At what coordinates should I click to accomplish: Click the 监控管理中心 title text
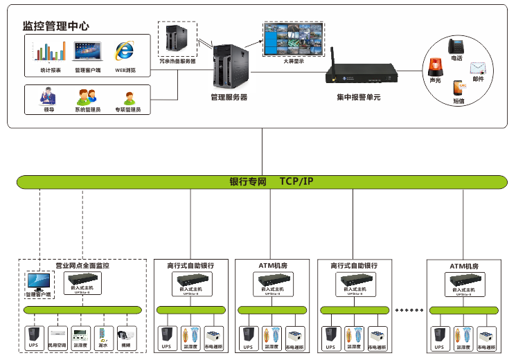[x=55, y=26]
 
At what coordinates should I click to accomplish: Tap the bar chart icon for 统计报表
[x=51, y=53]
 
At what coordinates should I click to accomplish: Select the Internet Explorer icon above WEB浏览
[x=125, y=51]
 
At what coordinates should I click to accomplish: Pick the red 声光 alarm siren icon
[x=436, y=68]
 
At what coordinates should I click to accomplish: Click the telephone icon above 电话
[x=456, y=46]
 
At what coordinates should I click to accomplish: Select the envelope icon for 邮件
[x=478, y=68]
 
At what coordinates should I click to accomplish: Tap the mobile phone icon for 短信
[x=458, y=89]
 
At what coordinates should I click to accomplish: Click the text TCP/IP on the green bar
[x=296, y=181]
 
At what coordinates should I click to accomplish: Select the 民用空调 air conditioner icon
[x=57, y=334]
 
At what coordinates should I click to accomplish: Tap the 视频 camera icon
[x=126, y=334]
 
